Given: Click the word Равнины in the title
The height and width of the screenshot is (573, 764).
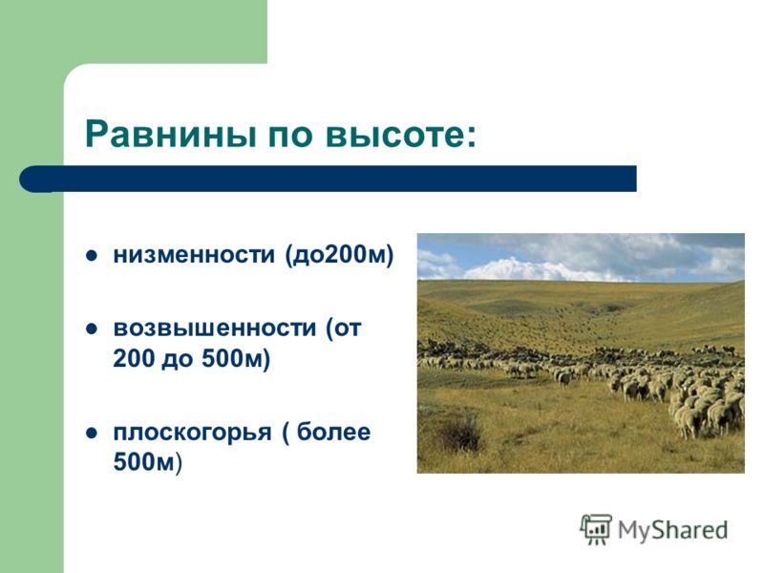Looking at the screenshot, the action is click(171, 134).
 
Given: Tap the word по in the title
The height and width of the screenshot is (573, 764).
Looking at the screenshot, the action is click(290, 138).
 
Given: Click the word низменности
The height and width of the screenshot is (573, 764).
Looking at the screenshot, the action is click(194, 255).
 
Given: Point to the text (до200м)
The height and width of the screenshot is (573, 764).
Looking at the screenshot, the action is click(339, 255).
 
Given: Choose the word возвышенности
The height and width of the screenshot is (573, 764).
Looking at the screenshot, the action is click(214, 329).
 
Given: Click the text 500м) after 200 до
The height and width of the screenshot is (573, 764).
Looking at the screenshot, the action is click(236, 359).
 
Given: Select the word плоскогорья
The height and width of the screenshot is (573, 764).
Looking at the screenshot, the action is click(192, 433).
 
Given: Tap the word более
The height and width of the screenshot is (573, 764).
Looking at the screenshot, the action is click(333, 432).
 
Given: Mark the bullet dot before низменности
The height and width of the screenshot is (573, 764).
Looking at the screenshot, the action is click(92, 256).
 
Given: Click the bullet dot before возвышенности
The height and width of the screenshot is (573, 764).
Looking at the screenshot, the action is click(92, 329).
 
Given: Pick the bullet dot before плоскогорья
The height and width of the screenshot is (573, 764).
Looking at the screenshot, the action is click(92, 433).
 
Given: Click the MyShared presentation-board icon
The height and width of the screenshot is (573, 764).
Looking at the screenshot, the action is click(596, 529).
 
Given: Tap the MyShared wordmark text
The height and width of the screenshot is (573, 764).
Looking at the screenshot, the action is click(673, 530).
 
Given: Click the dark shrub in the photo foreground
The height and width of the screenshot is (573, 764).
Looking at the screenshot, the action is click(459, 433).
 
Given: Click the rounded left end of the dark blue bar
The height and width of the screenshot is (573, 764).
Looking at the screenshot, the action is click(31, 179).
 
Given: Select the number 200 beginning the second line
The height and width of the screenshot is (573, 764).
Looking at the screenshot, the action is click(133, 359).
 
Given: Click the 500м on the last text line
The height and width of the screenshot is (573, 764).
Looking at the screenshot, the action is click(144, 462).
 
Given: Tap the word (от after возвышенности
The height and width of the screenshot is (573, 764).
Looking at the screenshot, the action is click(344, 329).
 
